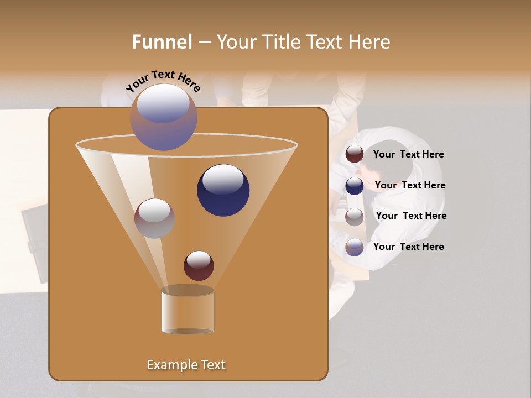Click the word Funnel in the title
162,42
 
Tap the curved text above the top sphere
163,81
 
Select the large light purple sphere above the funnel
164,117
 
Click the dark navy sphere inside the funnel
223,190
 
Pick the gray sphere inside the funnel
154,218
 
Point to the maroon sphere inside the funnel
199,265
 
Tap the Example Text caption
186,365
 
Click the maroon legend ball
355,154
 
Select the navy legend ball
355,186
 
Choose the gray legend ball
355,216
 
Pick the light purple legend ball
355,247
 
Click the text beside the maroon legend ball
408,155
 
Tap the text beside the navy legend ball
410,186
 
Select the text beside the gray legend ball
411,216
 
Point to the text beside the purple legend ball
408,247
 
